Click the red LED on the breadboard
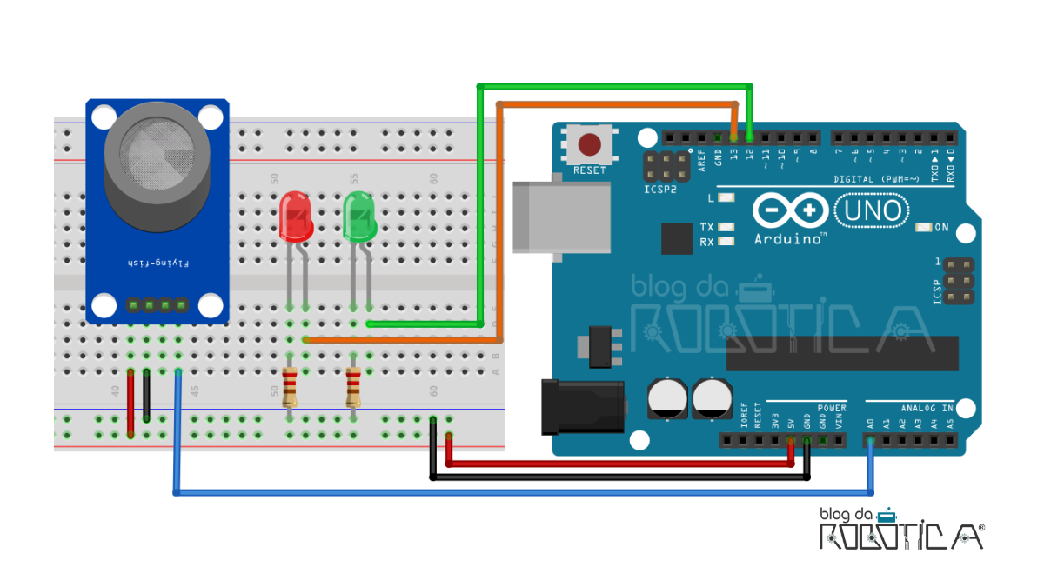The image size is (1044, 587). (296, 217)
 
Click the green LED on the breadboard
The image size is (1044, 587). (358, 217)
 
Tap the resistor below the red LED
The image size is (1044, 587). (291, 388)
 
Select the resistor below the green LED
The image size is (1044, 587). (353, 388)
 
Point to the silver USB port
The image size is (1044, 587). (532, 217)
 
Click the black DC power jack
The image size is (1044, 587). (583, 408)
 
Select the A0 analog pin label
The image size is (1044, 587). (871, 424)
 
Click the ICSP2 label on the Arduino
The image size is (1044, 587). (660, 189)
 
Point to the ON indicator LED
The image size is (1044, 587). (924, 228)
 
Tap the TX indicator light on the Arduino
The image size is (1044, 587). (726, 228)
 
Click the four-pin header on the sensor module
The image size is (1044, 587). (157, 305)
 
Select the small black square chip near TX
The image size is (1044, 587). (676, 238)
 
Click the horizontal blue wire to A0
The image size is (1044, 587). (522, 493)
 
